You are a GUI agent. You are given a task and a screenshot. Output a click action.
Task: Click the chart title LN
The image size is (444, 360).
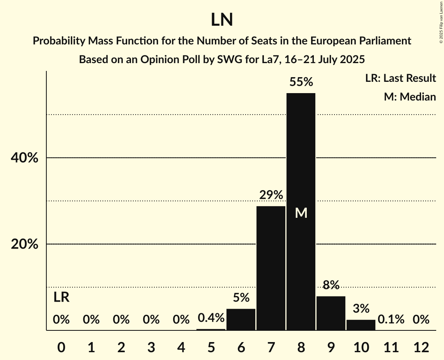[x=222, y=20]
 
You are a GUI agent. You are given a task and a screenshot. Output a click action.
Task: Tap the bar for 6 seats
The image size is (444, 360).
[x=241, y=319]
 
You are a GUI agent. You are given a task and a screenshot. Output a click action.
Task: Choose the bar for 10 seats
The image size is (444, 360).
[x=361, y=325]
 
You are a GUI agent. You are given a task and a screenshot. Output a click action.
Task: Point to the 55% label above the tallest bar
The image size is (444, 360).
[x=301, y=82]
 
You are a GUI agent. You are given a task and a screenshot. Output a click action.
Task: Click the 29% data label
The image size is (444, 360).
[x=271, y=195]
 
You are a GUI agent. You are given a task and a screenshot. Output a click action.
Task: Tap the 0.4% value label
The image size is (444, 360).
[x=211, y=318]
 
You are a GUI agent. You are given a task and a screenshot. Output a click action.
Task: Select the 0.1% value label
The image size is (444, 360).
[x=391, y=319]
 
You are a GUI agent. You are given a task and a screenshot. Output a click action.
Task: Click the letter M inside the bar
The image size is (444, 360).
[x=301, y=213]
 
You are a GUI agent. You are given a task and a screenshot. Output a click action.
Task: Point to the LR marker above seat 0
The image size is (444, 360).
[x=61, y=298]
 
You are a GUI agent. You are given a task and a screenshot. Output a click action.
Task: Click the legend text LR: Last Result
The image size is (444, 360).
[x=400, y=78]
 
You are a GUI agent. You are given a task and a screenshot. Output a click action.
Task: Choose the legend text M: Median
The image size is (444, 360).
[x=409, y=97]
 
